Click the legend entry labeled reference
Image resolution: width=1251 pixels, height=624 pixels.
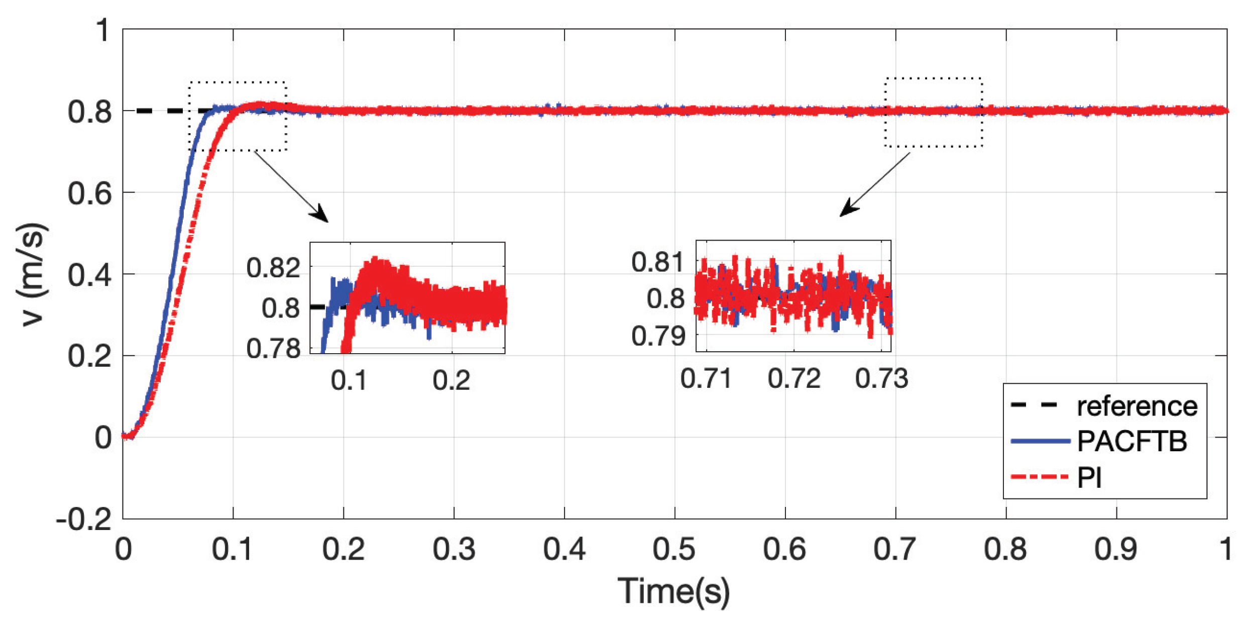click(x=1136, y=406)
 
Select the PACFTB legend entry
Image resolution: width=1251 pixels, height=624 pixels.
click(x=1131, y=442)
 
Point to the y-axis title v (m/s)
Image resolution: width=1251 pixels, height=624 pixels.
click(x=33, y=274)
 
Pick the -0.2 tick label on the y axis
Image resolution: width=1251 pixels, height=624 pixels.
click(x=83, y=519)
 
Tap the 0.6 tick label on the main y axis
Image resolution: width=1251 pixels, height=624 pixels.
click(x=89, y=193)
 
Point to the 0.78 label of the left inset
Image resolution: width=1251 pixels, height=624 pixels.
click(x=273, y=348)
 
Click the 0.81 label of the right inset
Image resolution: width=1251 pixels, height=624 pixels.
click(x=657, y=262)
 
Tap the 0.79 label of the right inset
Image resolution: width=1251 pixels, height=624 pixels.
click(x=657, y=336)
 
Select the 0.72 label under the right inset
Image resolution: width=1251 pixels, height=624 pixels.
click(x=793, y=378)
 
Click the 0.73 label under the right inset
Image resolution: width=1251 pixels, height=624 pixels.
click(x=881, y=378)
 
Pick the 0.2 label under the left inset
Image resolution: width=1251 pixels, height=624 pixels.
click(x=451, y=380)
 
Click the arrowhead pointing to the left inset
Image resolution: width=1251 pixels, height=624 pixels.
click(x=320, y=215)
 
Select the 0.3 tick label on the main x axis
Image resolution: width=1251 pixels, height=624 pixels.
click(x=453, y=549)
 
